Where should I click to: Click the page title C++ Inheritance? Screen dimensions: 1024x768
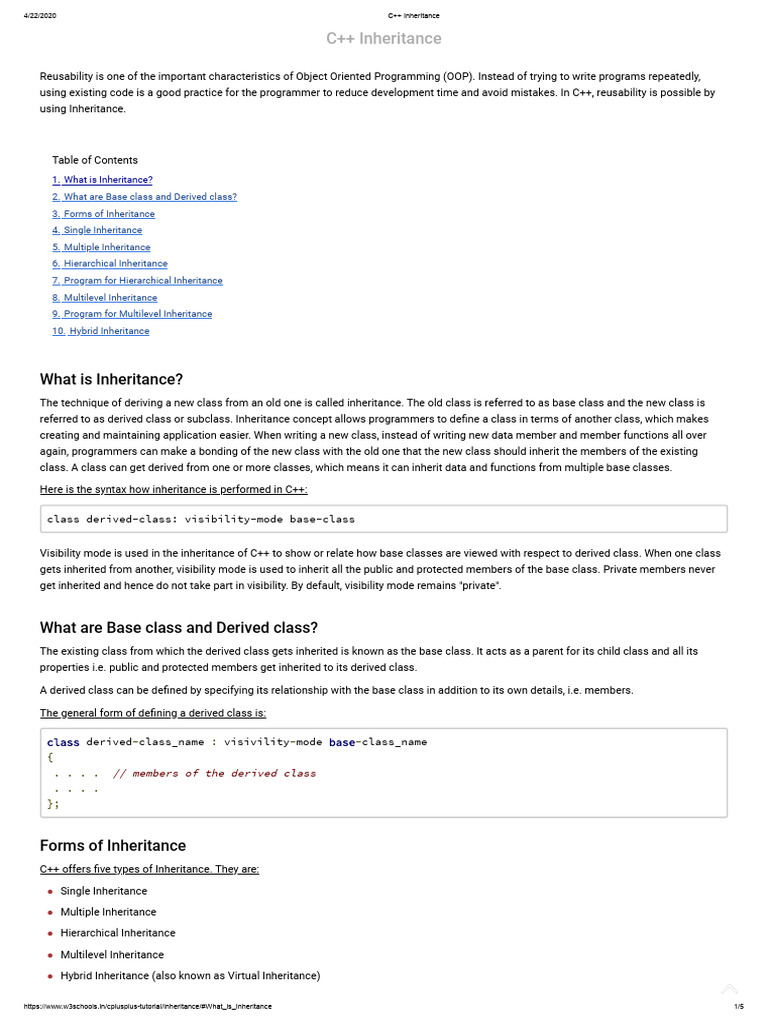click(383, 39)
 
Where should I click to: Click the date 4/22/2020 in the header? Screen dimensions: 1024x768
click(39, 16)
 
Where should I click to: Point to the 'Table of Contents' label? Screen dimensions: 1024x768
click(95, 160)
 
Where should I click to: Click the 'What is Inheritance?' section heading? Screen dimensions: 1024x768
click(111, 379)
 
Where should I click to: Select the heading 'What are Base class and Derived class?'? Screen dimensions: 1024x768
click(178, 628)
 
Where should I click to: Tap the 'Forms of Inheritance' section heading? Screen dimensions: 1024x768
click(112, 846)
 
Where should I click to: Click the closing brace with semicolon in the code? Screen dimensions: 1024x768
click(53, 803)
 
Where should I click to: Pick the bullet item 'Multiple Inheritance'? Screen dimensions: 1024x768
click(108, 912)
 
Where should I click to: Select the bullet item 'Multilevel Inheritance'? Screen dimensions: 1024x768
click(112, 955)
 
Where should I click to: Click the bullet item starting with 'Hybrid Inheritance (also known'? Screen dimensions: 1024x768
click(190, 976)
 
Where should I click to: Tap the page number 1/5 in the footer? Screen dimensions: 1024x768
click(739, 1006)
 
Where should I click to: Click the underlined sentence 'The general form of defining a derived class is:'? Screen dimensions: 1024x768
click(153, 713)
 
